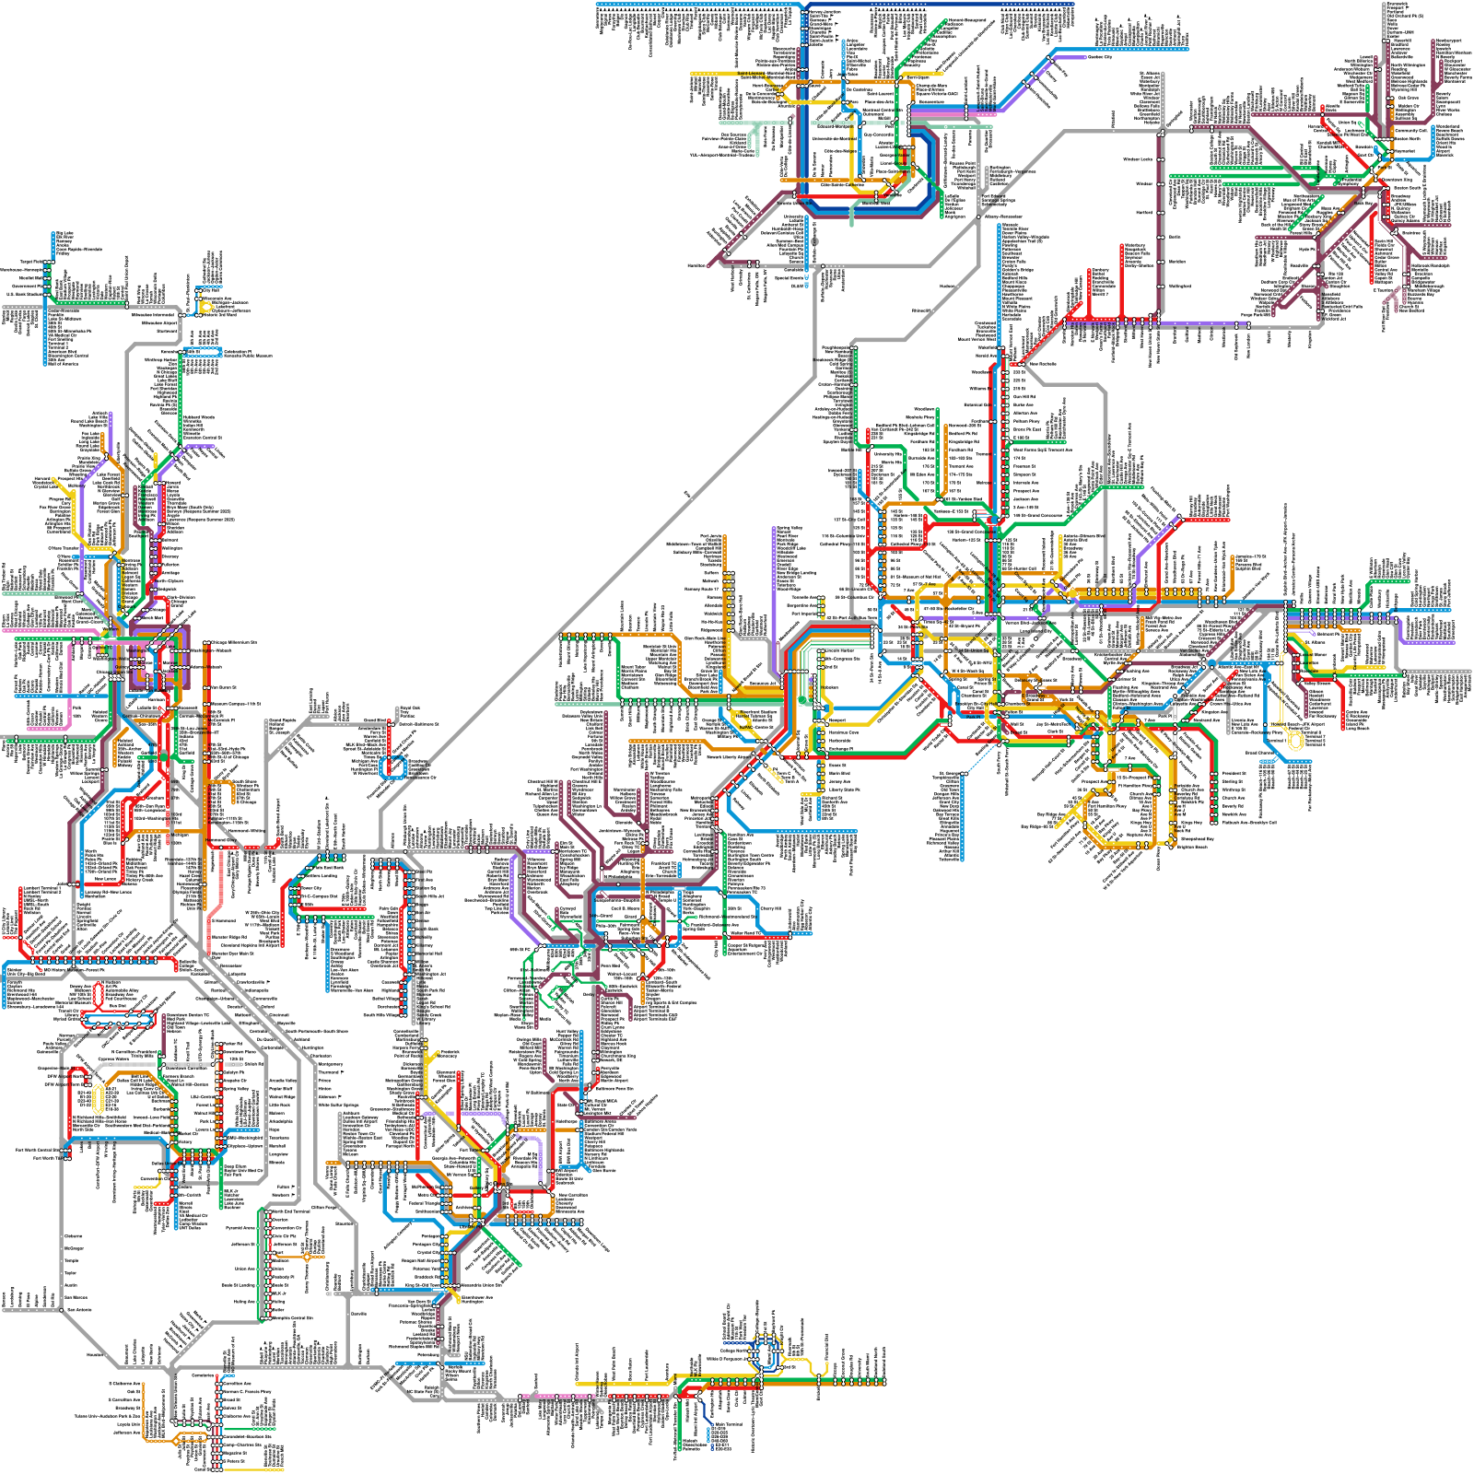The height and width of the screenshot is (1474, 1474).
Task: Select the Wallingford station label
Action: tap(1178, 286)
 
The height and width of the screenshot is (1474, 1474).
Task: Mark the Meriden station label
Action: tap(1176, 262)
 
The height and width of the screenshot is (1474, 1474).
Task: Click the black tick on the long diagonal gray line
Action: tap(688, 496)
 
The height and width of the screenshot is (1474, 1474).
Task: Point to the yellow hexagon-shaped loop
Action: tap(99, 1099)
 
